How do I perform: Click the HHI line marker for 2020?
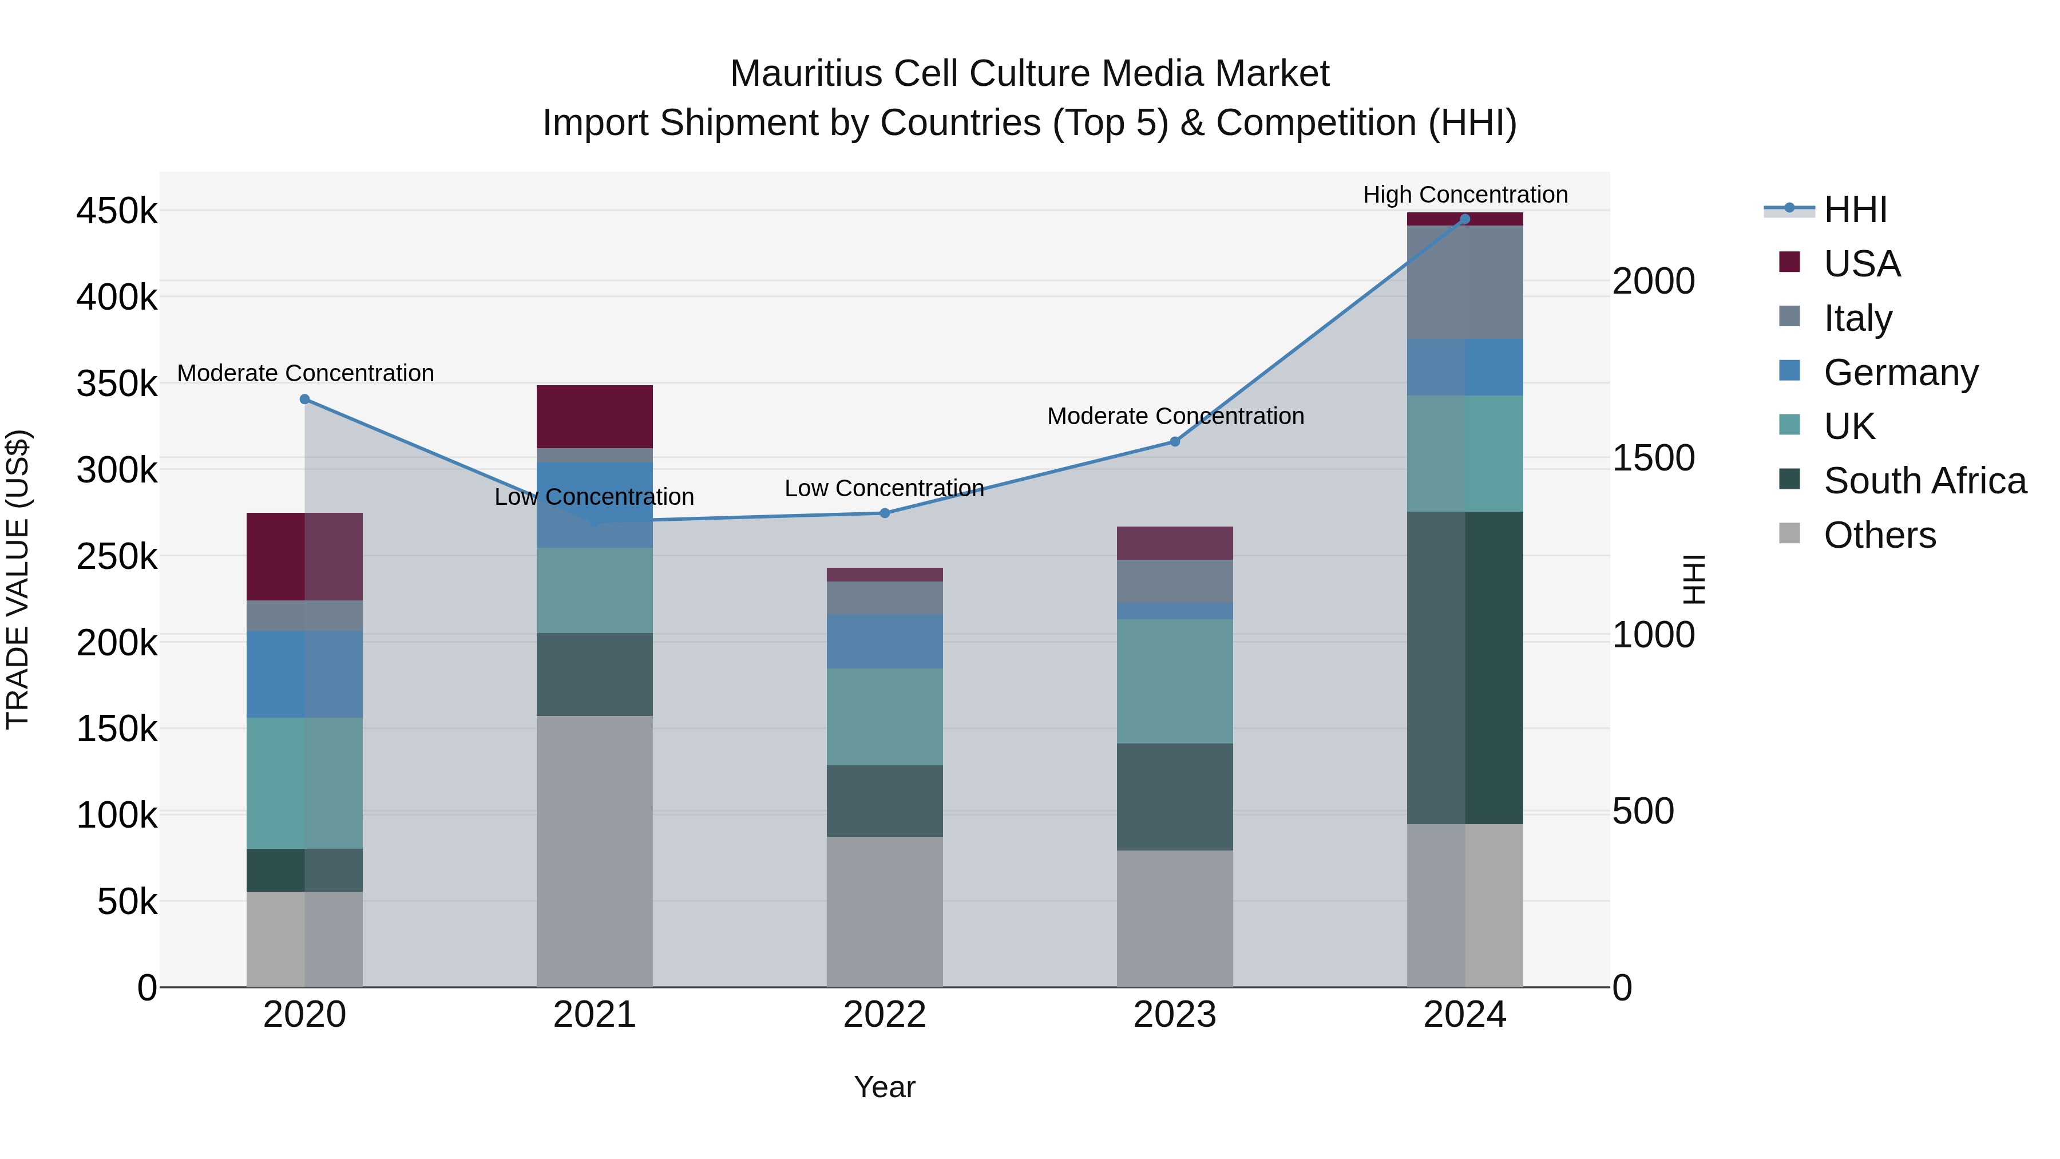click(304, 399)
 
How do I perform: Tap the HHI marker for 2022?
click(885, 513)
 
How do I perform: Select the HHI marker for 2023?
click(1175, 441)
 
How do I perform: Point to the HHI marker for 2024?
click(1465, 219)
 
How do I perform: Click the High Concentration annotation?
click(1465, 195)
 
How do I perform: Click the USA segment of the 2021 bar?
click(594, 417)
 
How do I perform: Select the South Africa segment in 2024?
click(1465, 668)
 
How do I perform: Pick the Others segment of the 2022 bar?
click(885, 912)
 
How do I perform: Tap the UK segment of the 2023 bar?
click(1175, 682)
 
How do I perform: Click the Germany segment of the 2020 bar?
click(304, 674)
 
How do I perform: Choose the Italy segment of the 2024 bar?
click(1465, 282)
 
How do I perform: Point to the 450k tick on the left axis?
click(117, 212)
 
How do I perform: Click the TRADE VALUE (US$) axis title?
click(18, 580)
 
